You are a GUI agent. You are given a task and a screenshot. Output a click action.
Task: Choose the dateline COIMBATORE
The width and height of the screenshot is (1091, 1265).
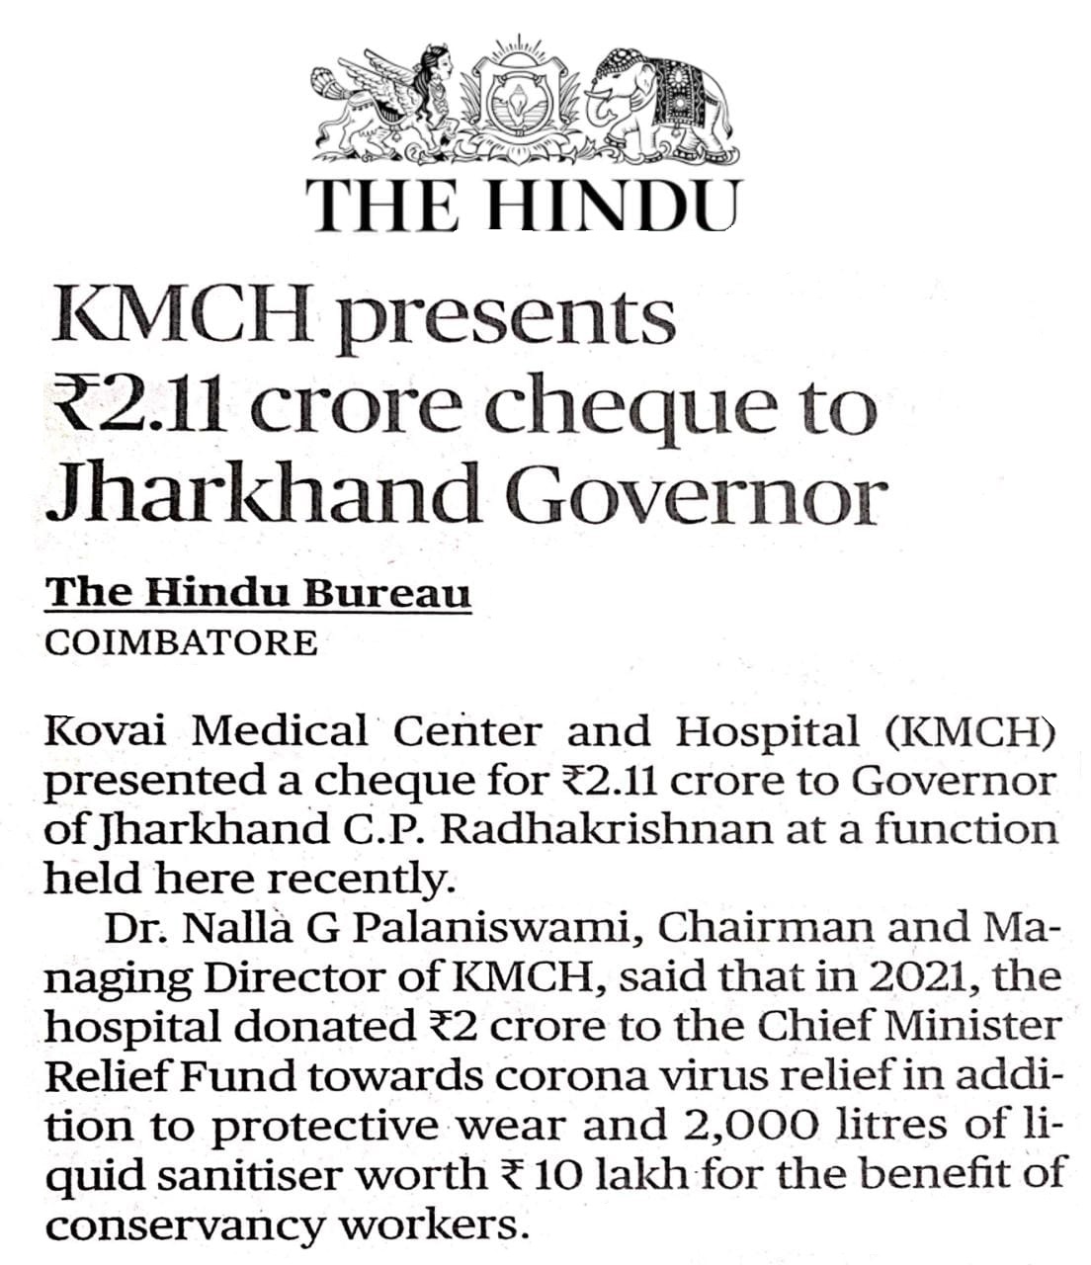[x=182, y=642]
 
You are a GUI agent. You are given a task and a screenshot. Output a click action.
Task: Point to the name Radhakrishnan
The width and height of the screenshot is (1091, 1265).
[x=606, y=828]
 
